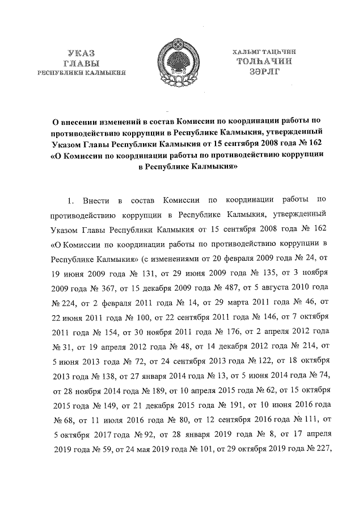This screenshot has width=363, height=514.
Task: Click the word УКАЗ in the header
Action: (81, 53)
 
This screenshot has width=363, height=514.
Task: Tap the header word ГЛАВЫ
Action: (81, 62)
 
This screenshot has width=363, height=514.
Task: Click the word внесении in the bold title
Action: (81, 121)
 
